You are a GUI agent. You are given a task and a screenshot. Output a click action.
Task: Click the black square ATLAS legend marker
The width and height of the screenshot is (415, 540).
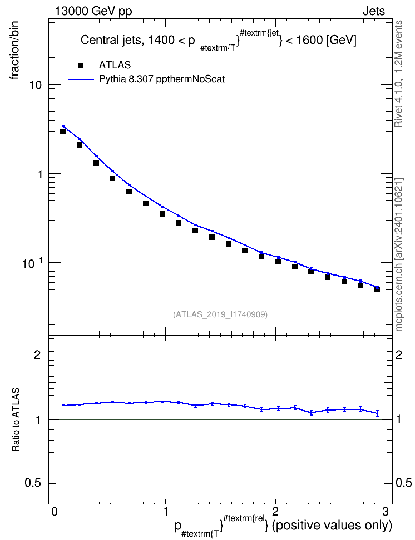(81, 66)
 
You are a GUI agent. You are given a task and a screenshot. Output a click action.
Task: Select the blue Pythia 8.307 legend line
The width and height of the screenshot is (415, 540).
(81, 79)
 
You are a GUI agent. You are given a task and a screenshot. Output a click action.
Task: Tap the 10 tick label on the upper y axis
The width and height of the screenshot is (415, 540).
(36, 85)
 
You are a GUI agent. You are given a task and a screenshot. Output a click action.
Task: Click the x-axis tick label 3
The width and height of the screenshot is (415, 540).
(386, 512)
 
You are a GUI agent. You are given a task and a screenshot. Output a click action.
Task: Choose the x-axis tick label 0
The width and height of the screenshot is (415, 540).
(55, 512)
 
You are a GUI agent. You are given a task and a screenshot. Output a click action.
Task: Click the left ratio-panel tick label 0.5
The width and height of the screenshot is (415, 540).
(33, 483)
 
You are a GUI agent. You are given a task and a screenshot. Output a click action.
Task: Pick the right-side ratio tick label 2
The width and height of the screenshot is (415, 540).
(399, 354)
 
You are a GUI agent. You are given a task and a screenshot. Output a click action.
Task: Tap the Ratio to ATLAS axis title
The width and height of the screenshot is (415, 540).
(16, 419)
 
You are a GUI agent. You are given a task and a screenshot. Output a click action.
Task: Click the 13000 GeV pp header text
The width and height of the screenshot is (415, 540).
(93, 12)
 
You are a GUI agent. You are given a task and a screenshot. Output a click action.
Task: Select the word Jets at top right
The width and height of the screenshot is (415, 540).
(374, 11)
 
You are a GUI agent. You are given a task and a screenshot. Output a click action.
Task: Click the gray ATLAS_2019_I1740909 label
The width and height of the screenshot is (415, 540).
(220, 314)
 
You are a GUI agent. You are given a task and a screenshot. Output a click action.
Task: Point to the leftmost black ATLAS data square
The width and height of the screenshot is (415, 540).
(63, 132)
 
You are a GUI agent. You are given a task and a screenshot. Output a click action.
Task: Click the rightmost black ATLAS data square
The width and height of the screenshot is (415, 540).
(377, 289)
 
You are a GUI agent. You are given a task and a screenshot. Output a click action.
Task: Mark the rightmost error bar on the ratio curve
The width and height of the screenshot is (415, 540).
(377, 413)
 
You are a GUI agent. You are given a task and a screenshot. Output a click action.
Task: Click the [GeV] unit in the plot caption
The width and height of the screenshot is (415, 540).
(341, 41)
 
